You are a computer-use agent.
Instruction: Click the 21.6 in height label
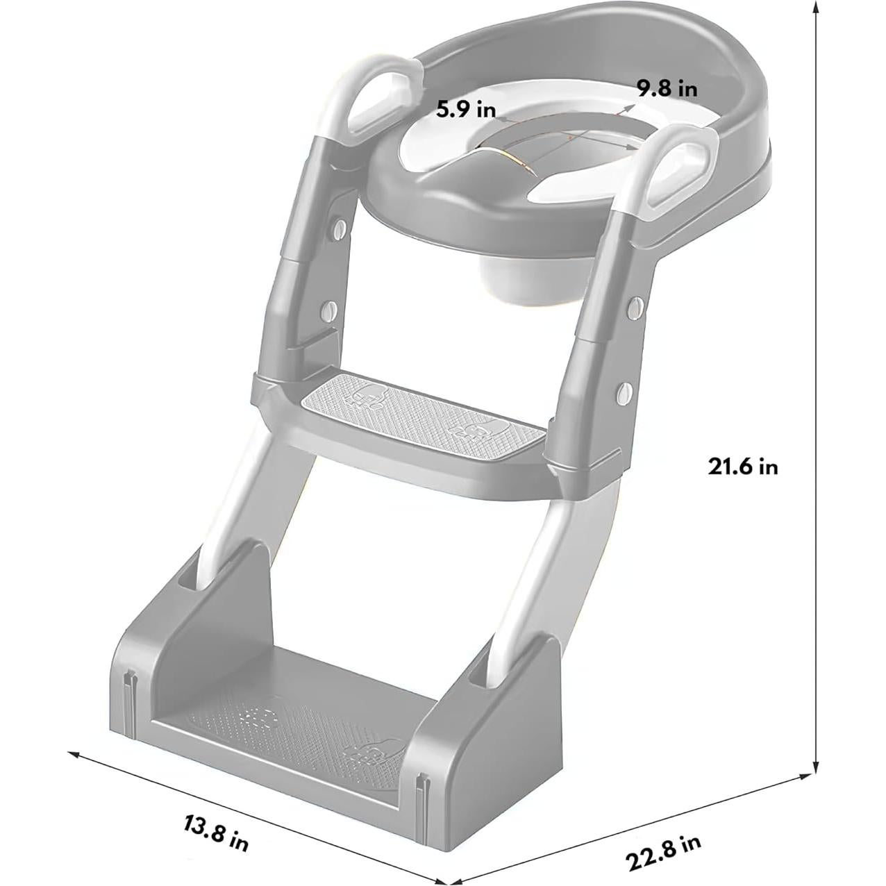click(742, 466)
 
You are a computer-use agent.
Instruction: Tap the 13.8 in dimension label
click(216, 833)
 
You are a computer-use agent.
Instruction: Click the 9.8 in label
click(667, 89)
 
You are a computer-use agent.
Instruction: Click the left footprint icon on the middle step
click(365, 396)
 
